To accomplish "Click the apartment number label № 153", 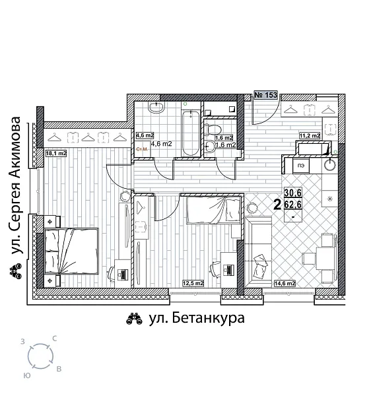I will coord(265,96).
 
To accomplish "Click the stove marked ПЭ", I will coord(300,166).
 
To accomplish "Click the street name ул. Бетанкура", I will coord(197,319).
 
